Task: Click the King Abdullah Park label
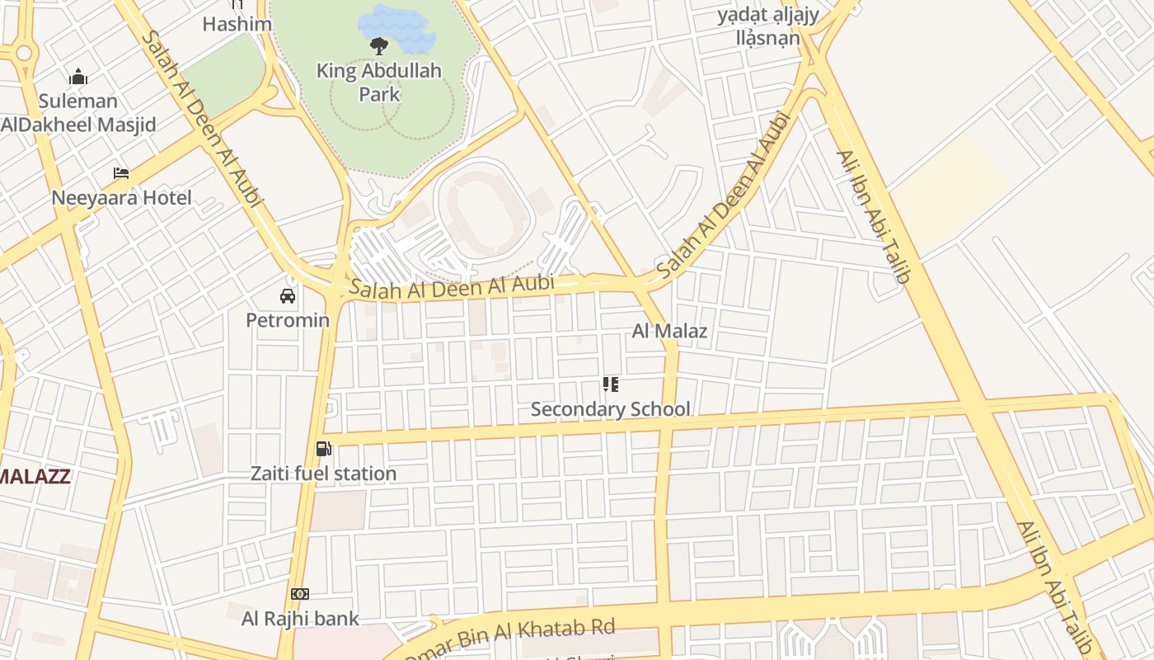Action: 378,82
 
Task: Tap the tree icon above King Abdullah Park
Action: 379,45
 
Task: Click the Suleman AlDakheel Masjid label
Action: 78,113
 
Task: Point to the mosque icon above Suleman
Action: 78,78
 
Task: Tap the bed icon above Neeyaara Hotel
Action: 121,173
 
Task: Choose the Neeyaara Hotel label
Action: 121,198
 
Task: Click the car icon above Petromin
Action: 288,296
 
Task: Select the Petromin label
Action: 288,320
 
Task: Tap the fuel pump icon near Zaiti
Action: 324,449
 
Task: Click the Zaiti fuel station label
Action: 324,474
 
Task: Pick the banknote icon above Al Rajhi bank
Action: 300,594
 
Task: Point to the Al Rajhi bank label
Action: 300,618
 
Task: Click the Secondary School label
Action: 610,409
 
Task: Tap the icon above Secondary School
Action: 610,384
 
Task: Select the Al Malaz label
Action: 669,332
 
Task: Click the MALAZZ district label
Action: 35,476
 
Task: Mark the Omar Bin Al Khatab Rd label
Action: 511,637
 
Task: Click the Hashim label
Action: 237,24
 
